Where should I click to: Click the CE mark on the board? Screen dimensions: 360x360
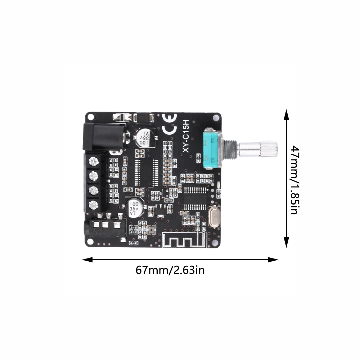coord(170,124)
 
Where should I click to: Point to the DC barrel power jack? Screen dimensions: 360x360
coord(105,137)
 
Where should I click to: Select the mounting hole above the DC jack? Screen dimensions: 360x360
coord(91,117)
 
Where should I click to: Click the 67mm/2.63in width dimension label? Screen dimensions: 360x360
coord(170,270)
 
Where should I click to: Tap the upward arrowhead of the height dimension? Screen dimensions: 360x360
coord(286,114)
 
